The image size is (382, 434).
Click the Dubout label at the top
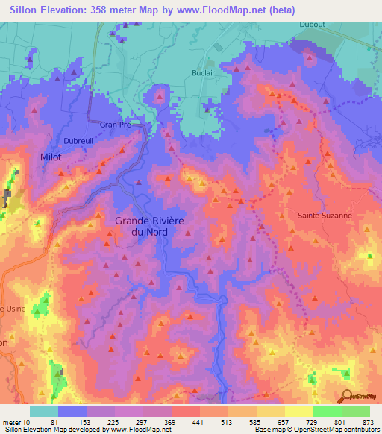(312, 24)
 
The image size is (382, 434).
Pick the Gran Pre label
(116, 125)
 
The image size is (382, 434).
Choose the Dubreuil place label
(78, 140)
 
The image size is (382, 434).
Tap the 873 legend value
(368, 421)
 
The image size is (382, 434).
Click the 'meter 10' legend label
(16, 421)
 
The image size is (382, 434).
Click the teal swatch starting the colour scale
(43, 411)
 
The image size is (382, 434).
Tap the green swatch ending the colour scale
(355, 411)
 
